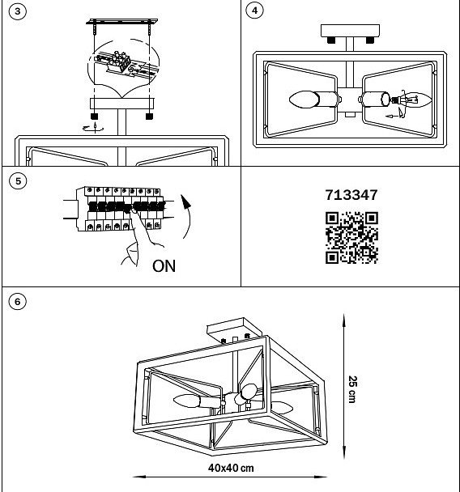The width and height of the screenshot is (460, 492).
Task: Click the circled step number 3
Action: (18, 11)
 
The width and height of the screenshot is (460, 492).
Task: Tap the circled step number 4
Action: (254, 11)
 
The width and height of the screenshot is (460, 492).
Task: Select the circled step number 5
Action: (18, 181)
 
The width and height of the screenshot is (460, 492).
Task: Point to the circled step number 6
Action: (18, 302)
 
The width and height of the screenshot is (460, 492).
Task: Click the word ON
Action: (164, 266)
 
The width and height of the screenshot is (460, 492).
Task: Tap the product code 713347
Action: (351, 195)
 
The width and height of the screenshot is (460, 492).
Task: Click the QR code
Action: (351, 238)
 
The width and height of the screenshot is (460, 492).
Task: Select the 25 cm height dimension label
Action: (352, 389)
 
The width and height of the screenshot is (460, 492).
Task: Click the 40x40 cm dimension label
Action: (231, 469)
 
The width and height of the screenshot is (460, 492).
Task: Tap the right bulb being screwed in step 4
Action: (416, 100)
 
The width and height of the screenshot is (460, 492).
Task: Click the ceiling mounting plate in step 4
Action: (350, 31)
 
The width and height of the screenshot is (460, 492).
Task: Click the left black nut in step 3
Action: (94, 117)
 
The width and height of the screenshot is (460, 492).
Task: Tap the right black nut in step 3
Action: (150, 117)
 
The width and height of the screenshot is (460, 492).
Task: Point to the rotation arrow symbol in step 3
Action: (94, 128)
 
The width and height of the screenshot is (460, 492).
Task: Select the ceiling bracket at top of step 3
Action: (122, 22)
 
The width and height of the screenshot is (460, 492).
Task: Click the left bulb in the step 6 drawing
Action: (186, 401)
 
